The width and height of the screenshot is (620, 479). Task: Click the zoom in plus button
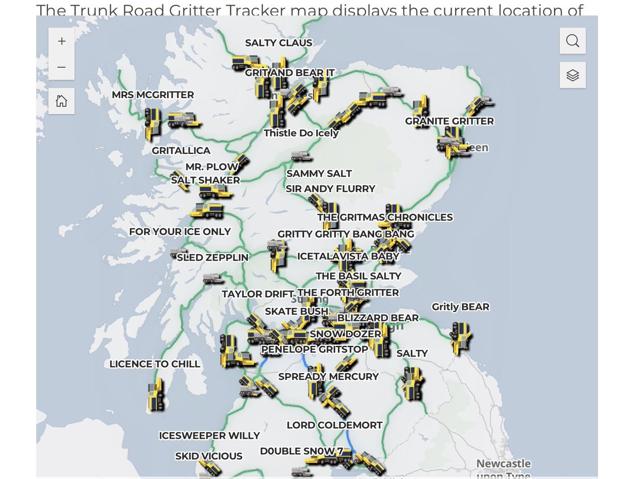coord(61,41)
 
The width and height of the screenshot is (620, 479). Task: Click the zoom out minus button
coord(61,67)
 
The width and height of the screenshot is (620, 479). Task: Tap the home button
coord(61,101)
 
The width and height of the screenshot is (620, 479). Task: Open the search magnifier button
coord(572,41)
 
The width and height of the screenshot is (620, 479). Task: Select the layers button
coord(572,75)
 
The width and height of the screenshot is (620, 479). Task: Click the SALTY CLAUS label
coord(278,43)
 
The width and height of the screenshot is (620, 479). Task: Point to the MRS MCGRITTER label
coord(153,95)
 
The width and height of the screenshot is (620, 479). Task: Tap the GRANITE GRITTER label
coord(449,121)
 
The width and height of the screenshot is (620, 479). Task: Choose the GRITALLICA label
coord(181,151)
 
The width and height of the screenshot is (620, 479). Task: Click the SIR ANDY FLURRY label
coord(331,189)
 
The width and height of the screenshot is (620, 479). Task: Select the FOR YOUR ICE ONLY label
coord(180,231)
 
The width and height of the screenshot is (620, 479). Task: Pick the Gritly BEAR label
coord(460,307)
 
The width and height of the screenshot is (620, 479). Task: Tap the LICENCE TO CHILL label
coord(154,364)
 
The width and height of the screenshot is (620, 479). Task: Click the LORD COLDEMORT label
coord(335,425)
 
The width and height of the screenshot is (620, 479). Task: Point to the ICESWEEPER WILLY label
coord(209,436)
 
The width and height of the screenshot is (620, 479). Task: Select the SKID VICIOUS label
coord(209,456)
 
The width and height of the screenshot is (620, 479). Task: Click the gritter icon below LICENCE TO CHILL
coord(155,395)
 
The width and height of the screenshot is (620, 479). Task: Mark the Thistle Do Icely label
coord(301,133)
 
